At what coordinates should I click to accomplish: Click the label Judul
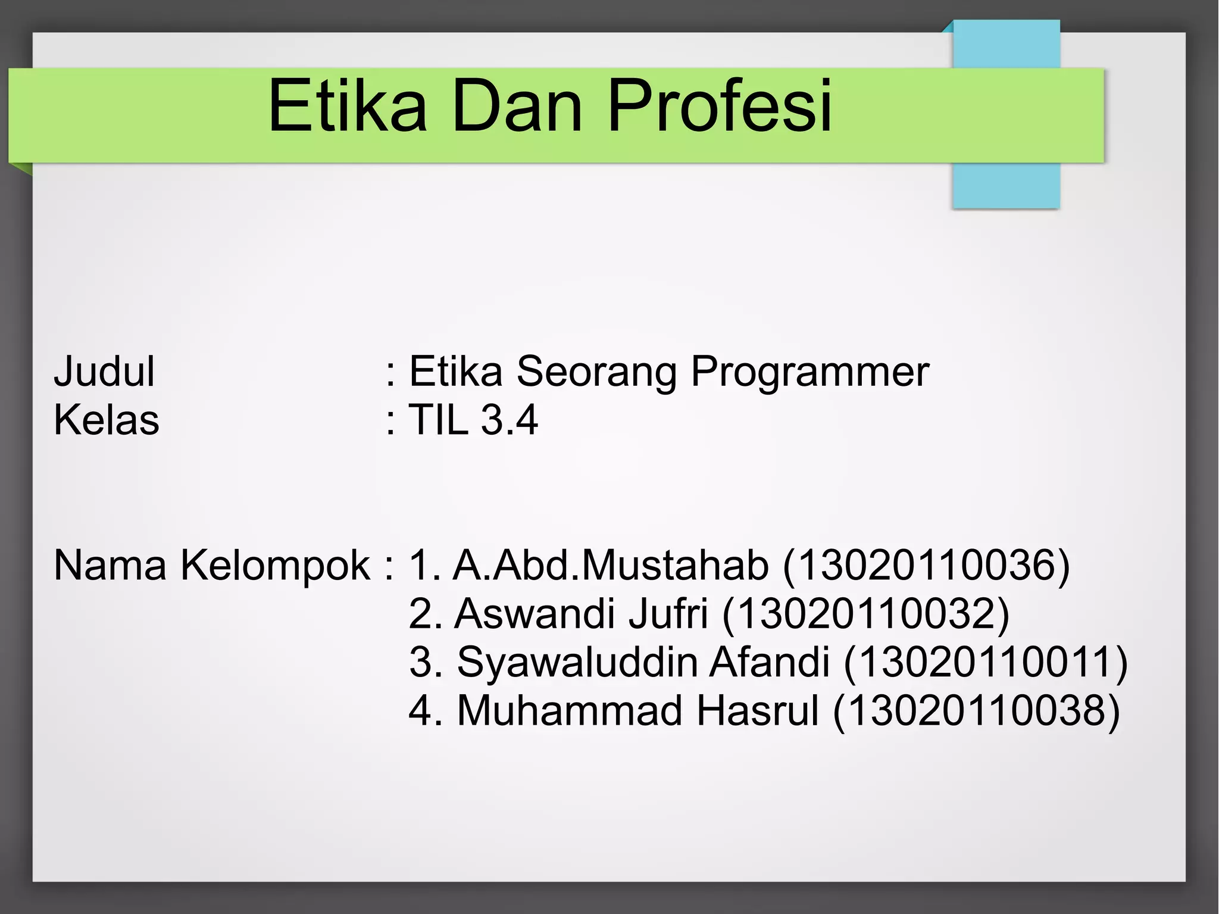click(x=104, y=372)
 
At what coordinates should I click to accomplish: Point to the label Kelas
click(x=107, y=420)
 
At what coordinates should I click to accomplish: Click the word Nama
click(x=110, y=566)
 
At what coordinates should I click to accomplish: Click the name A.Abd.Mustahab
click(x=611, y=566)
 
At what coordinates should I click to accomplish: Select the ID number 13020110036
click(x=926, y=566)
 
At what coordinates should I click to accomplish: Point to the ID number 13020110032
click(x=866, y=614)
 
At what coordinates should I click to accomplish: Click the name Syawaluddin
click(x=577, y=663)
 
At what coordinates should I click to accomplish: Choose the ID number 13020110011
click(x=986, y=663)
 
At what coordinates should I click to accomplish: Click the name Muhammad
click(x=569, y=711)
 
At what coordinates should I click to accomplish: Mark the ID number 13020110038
click(x=976, y=711)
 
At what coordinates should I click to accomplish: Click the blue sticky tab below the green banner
click(x=1006, y=185)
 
